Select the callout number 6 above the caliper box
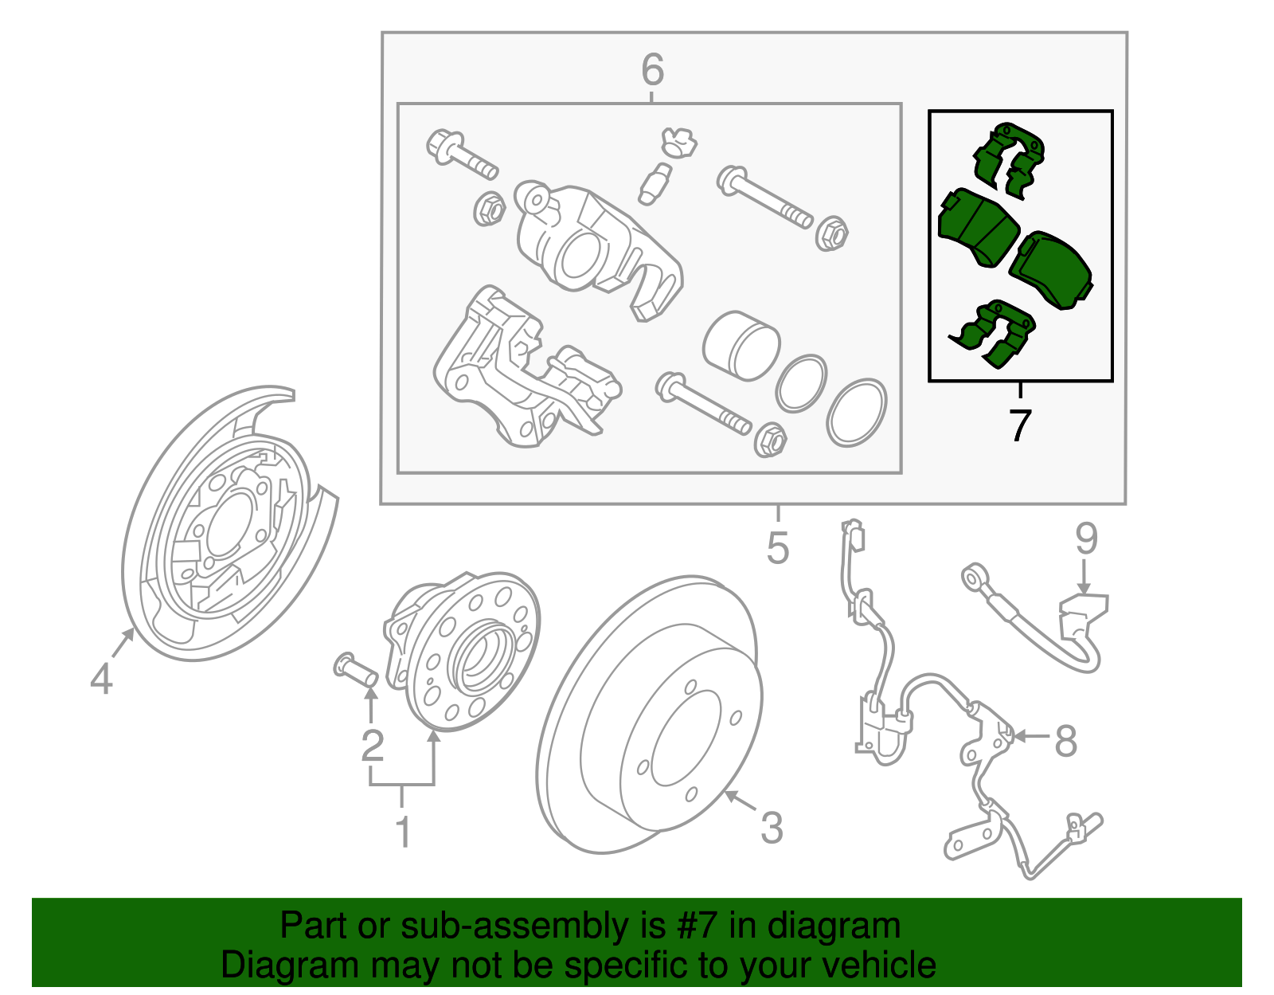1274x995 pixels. pyautogui.click(x=652, y=70)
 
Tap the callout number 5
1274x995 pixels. pyautogui.click(x=778, y=548)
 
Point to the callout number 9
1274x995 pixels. pyautogui.click(x=1086, y=539)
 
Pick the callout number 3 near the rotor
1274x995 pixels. pyautogui.click(x=772, y=828)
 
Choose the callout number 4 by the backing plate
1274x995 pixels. pyautogui.click(x=101, y=680)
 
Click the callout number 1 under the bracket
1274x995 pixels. pyautogui.click(x=404, y=832)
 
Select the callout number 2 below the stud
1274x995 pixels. pyautogui.click(x=372, y=746)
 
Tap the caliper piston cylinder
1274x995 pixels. pyautogui.click(x=741, y=345)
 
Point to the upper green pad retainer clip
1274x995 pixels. pyautogui.click(x=1008, y=159)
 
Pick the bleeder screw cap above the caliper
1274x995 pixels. pyautogui.click(x=678, y=141)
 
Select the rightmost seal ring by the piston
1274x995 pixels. pyautogui.click(x=856, y=412)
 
